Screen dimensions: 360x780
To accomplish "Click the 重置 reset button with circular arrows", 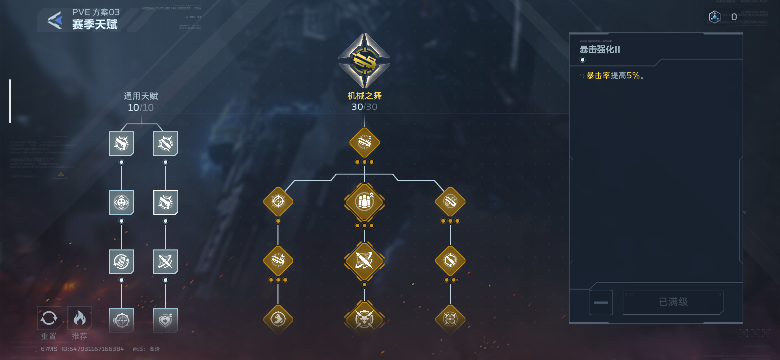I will (49, 318).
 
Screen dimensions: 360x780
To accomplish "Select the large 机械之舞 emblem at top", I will (364, 61).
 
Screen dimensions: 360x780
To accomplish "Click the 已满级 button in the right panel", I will (673, 302).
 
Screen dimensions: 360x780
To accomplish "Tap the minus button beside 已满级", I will (601, 302).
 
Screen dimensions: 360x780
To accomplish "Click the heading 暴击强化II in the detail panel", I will (600, 50).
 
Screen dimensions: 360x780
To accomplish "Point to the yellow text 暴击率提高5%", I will (613, 76).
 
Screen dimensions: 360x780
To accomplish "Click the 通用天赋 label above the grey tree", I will (141, 96).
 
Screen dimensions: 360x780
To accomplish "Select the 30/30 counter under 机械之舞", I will (364, 107).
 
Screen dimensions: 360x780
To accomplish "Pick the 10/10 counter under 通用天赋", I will (141, 108).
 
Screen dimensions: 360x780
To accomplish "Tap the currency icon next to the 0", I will (715, 17).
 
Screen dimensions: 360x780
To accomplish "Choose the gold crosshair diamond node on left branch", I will (278, 202).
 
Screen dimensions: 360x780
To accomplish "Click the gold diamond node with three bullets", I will (364, 202).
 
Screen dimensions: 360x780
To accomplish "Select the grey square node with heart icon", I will (165, 320).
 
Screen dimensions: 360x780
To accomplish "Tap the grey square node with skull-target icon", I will (121, 202).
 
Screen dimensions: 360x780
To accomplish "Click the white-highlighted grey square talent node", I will (165, 202).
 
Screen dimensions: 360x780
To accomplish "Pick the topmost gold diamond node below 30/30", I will (364, 143).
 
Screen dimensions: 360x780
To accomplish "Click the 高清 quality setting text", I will (154, 349).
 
